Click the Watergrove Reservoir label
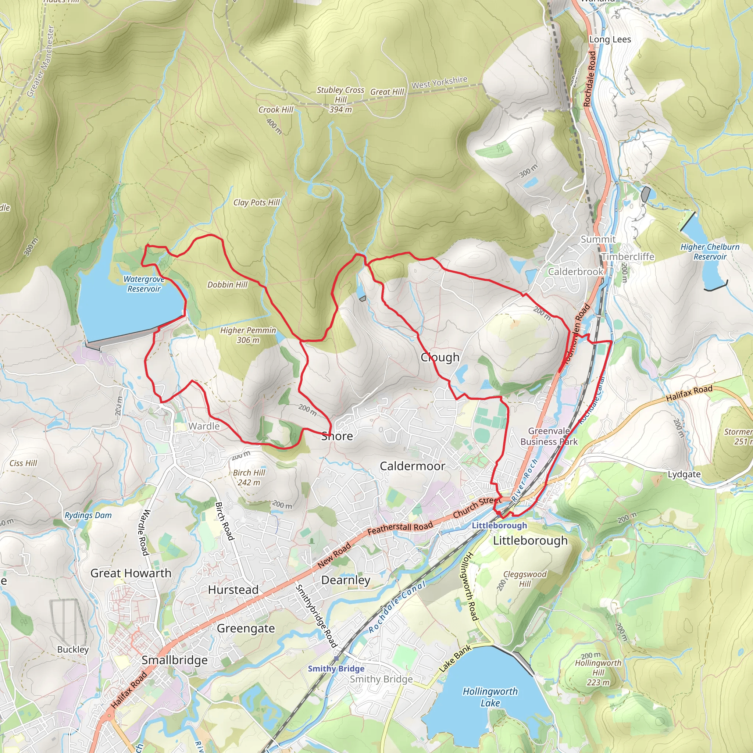pyautogui.click(x=144, y=284)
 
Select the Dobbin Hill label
pyautogui.click(x=227, y=285)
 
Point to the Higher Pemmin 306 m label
pyautogui.click(x=248, y=335)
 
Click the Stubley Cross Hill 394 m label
pyautogui.click(x=340, y=100)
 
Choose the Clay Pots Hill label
pyautogui.click(x=257, y=202)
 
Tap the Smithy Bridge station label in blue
pyautogui.click(x=336, y=669)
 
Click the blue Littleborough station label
pyautogui.click(x=499, y=525)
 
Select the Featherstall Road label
pyautogui.click(x=400, y=528)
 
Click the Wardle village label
pyautogui.click(x=204, y=426)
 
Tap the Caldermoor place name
pyautogui.click(x=413, y=466)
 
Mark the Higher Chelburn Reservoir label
pyautogui.click(x=710, y=252)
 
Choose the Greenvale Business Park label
pyautogui.click(x=549, y=436)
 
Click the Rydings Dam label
pyautogui.click(x=88, y=515)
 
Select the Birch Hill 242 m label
pyautogui.click(x=249, y=478)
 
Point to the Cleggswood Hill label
pyautogui.click(x=525, y=579)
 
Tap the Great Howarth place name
pyautogui.click(x=131, y=573)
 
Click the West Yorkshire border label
pyautogui.click(x=439, y=82)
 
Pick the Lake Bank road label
pyautogui.click(x=455, y=658)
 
